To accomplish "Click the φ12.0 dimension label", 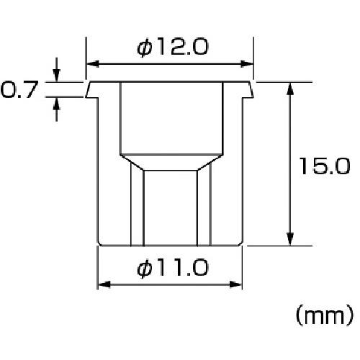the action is [172, 47].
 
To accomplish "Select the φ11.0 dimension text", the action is [172, 267].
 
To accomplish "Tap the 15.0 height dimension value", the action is [325, 166].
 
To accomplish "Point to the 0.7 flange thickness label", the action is [19, 89].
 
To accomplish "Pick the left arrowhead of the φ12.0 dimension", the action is [92, 64].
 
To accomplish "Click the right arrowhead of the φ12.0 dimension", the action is [247, 64].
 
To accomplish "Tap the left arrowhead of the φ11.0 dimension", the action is [104, 284].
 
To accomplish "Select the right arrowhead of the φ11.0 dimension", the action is [235, 284].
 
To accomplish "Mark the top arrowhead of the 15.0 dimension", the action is [290, 89].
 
